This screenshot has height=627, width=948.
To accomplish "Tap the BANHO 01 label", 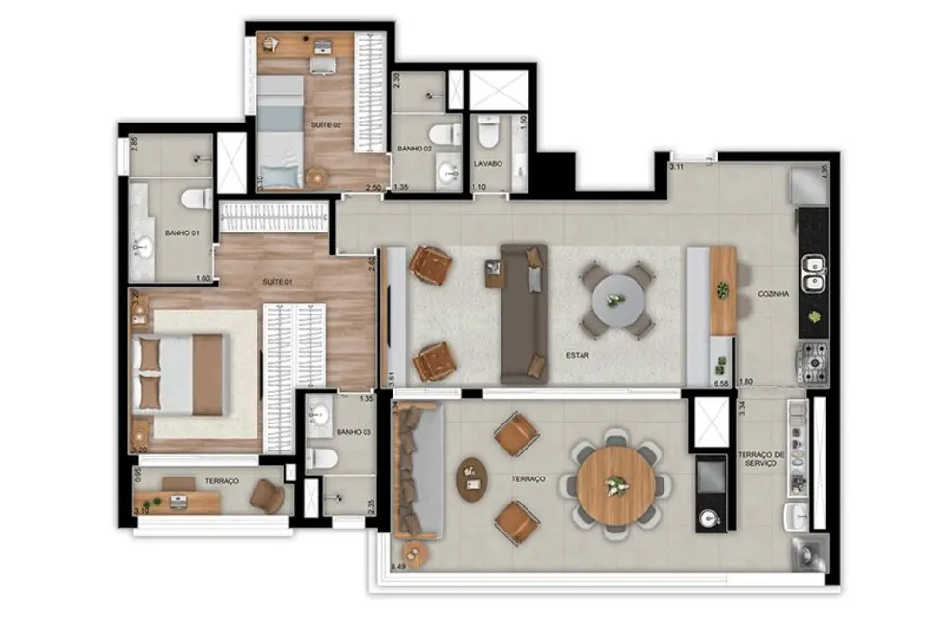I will tap(181, 232).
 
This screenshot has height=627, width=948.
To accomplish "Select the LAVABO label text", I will tap(489, 164).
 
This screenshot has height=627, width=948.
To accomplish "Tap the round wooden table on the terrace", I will tap(617, 485).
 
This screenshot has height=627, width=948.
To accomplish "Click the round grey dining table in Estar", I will tap(616, 299).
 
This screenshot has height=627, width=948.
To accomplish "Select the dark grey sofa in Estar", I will tap(523, 313).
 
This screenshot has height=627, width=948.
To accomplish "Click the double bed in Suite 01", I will tap(183, 373).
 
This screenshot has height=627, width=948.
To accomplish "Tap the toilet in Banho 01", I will tap(196, 200).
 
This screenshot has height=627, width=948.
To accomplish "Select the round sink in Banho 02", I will tap(447, 174).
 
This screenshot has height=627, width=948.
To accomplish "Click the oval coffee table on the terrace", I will tap(472, 478).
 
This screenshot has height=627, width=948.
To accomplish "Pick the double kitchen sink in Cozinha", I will tap(814, 272).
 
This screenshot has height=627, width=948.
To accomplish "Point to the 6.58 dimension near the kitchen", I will tap(719, 383).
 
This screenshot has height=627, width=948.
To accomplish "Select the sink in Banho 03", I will tap(320, 417).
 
